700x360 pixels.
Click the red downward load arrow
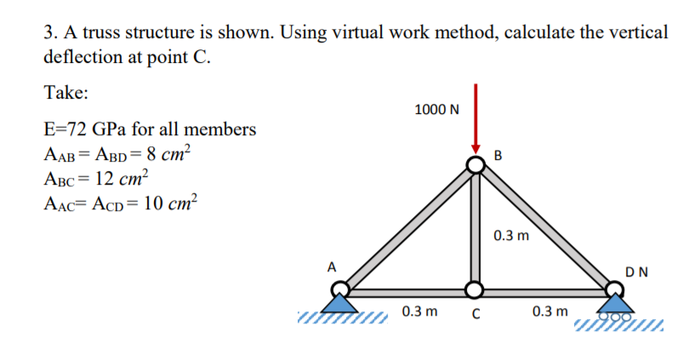476,119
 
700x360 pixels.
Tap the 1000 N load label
436,110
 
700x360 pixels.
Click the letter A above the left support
333,266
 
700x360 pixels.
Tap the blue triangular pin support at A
340,301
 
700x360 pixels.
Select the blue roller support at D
613,304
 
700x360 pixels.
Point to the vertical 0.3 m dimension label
510,234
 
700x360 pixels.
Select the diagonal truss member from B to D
544,228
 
